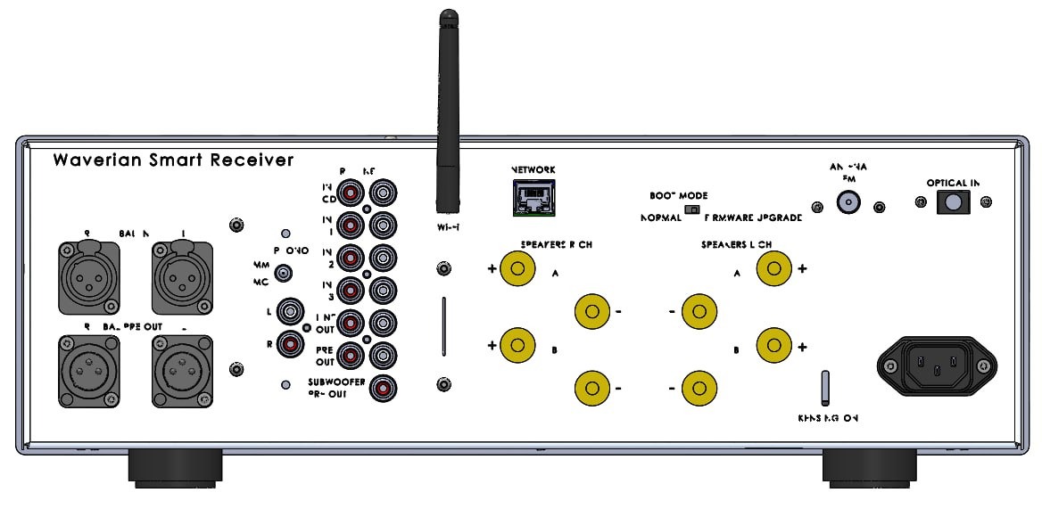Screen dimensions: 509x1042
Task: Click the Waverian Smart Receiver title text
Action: [x=173, y=160]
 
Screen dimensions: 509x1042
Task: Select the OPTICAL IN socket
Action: [x=952, y=203]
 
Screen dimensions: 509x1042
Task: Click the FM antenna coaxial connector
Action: [x=848, y=204]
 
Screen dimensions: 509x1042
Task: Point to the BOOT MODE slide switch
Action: [x=690, y=209]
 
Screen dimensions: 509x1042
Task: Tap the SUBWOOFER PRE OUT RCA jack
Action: [x=385, y=388]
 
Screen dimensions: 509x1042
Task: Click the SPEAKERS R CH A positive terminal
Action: [x=517, y=267]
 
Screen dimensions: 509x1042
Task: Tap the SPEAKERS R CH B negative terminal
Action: [x=591, y=388]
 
